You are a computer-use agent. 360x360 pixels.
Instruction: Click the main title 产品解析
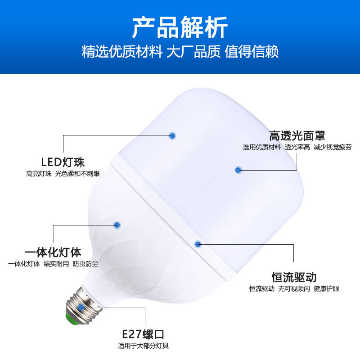180,28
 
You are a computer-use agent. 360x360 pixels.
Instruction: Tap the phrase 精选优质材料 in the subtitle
121,52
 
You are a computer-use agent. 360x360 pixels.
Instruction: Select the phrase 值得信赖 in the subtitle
252,52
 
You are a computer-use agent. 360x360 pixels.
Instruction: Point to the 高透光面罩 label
297,135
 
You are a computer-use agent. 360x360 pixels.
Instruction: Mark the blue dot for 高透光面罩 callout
238,170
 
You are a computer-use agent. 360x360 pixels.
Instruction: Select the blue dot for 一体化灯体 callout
117,225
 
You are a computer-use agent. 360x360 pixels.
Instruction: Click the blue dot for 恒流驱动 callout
198,244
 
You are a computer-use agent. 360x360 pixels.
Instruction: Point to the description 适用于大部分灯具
143,346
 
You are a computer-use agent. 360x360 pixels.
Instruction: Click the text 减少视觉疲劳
333,147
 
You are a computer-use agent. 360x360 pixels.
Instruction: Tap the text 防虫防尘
85,264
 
